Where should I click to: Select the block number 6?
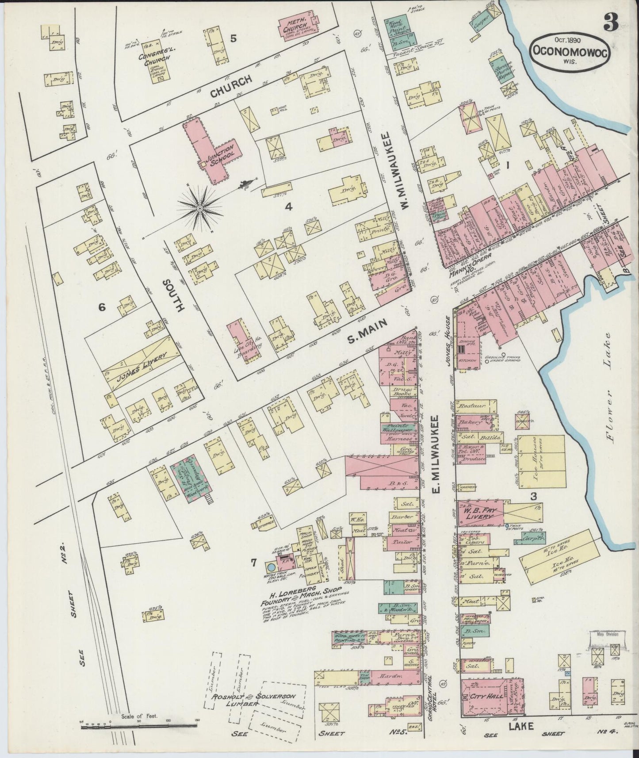(x=102, y=307)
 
